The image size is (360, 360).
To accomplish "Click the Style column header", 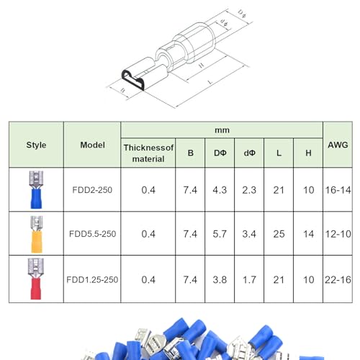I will click(36, 145).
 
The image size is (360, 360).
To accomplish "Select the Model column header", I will click(92, 145).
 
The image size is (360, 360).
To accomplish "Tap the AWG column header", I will click(338, 145).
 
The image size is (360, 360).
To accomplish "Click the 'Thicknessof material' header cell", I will click(148, 153).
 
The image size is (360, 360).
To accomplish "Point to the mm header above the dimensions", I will click(222, 130).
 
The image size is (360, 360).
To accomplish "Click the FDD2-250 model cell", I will click(92, 190).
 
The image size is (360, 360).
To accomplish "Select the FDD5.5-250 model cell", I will click(92, 234).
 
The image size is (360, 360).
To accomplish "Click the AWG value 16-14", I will click(338, 190).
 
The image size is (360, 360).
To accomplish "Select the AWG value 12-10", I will click(338, 234).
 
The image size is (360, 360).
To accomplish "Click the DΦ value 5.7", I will click(220, 234).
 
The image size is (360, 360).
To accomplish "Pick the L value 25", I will click(279, 234).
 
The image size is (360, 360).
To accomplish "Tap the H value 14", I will click(308, 234).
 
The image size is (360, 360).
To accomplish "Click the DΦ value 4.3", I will click(220, 190).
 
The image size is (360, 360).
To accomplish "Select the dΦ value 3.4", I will click(249, 234).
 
